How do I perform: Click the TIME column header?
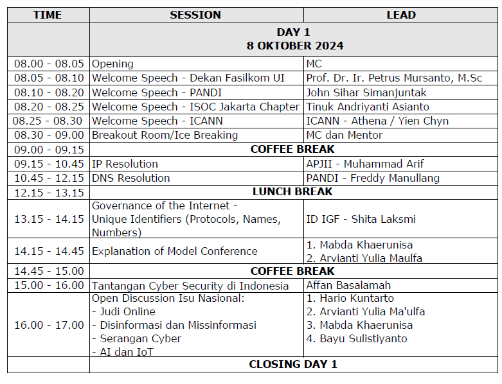[x=48, y=15]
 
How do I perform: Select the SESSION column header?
[x=195, y=15]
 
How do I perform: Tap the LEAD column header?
[x=401, y=15]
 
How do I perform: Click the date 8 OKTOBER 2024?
[x=295, y=46]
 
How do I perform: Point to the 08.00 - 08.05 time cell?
[x=48, y=64]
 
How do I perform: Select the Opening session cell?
[x=113, y=64]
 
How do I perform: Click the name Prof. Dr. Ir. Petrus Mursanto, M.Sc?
[x=394, y=78]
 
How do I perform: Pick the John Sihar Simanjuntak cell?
[x=366, y=92]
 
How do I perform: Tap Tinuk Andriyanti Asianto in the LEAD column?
[x=368, y=107]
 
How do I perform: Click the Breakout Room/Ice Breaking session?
[x=165, y=135]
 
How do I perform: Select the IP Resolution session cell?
[x=125, y=164]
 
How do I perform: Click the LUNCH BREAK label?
[x=292, y=192]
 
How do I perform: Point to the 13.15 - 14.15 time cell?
[x=48, y=219]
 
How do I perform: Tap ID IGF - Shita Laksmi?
[x=361, y=219]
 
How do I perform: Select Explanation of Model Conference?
[x=175, y=251]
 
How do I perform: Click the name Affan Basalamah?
[x=348, y=285]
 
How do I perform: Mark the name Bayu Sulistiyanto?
[x=363, y=338]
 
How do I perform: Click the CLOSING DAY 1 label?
[x=293, y=365]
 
